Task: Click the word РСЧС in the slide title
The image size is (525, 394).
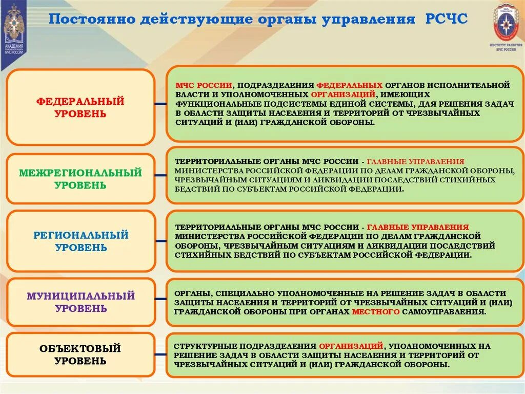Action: [x=446, y=20]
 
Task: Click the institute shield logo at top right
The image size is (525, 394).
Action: [x=504, y=23]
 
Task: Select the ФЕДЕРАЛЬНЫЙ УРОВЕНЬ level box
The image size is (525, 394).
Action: [x=80, y=107]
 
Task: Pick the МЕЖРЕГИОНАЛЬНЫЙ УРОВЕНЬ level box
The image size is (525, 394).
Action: [x=80, y=179]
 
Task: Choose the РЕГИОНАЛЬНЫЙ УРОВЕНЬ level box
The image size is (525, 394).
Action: [x=80, y=241]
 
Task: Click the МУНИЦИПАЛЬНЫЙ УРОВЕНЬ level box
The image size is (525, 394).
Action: [x=80, y=302]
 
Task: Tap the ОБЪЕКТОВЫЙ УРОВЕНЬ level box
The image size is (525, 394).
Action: [x=80, y=354]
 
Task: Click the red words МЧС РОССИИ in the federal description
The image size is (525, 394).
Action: [x=204, y=84]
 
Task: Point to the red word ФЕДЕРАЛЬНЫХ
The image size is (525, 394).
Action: [x=349, y=84]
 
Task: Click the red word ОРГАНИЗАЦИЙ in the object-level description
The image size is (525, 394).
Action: [x=351, y=346]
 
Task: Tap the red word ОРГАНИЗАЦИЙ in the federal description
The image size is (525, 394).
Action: [x=342, y=94]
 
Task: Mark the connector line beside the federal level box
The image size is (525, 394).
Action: [x=160, y=104]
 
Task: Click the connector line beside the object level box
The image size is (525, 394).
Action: [x=160, y=354]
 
